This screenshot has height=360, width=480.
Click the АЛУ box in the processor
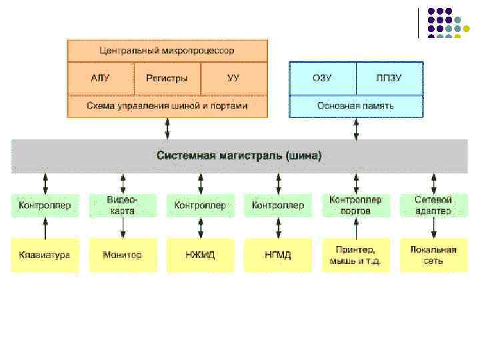(x=100, y=78)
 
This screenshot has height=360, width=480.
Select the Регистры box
(x=167, y=78)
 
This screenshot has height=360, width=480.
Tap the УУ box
(x=233, y=78)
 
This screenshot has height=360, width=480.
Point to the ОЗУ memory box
(x=322, y=78)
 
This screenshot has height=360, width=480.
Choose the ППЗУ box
(x=389, y=78)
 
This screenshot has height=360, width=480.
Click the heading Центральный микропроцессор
(x=167, y=51)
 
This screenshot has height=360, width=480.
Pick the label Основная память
(x=355, y=105)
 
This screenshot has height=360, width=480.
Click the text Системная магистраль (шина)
(x=239, y=156)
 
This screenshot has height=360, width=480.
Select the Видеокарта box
(x=123, y=205)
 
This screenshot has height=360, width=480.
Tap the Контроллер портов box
(x=355, y=205)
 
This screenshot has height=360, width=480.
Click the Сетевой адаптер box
(x=433, y=205)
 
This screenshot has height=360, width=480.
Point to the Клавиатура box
(x=45, y=255)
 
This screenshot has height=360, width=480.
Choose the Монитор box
(x=123, y=255)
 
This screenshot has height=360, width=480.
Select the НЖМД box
(x=200, y=255)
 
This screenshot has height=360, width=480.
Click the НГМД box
(x=278, y=255)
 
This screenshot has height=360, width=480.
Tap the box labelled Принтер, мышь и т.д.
(x=355, y=255)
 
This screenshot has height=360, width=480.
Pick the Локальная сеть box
(x=433, y=255)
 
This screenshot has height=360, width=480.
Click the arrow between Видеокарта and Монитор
(x=123, y=227)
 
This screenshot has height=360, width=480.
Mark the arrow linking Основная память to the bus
(x=356, y=129)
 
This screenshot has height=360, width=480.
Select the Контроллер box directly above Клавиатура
(x=45, y=205)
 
